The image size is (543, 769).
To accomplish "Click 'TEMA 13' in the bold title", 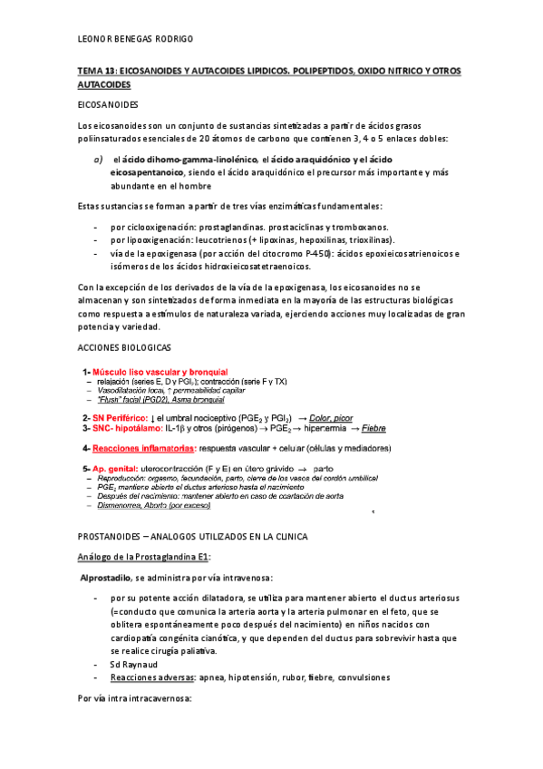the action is click(97, 70).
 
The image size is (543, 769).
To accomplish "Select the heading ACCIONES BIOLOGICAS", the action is click(123, 348).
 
